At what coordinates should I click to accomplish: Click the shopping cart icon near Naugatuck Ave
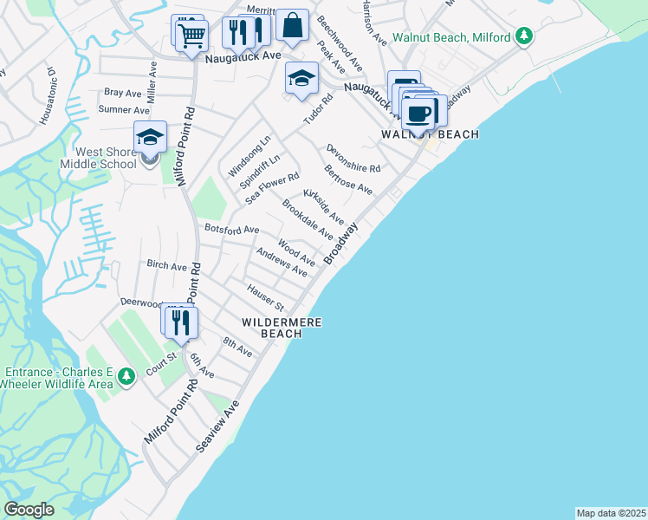pyautogui.click(x=191, y=36)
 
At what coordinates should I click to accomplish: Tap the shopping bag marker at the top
pyautogui.click(x=293, y=26)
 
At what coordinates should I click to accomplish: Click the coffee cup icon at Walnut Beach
pyautogui.click(x=419, y=113)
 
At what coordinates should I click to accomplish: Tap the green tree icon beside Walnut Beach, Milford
pyautogui.click(x=522, y=36)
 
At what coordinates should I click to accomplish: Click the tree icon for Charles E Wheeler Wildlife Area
pyautogui.click(x=126, y=376)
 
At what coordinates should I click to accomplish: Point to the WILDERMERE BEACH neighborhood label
pyautogui.click(x=282, y=328)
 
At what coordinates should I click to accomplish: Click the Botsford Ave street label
pyautogui.click(x=231, y=229)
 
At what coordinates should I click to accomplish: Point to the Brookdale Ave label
pyautogui.click(x=308, y=218)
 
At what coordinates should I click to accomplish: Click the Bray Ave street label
pyautogui.click(x=122, y=92)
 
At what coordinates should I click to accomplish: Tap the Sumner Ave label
pyautogui.click(x=124, y=110)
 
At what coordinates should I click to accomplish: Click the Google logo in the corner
pyautogui.click(x=29, y=510)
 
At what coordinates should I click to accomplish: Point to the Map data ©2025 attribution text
pyautogui.click(x=610, y=513)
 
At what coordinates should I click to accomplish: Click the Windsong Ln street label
pyautogui.click(x=249, y=156)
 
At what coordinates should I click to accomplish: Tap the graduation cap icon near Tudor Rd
pyautogui.click(x=301, y=79)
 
